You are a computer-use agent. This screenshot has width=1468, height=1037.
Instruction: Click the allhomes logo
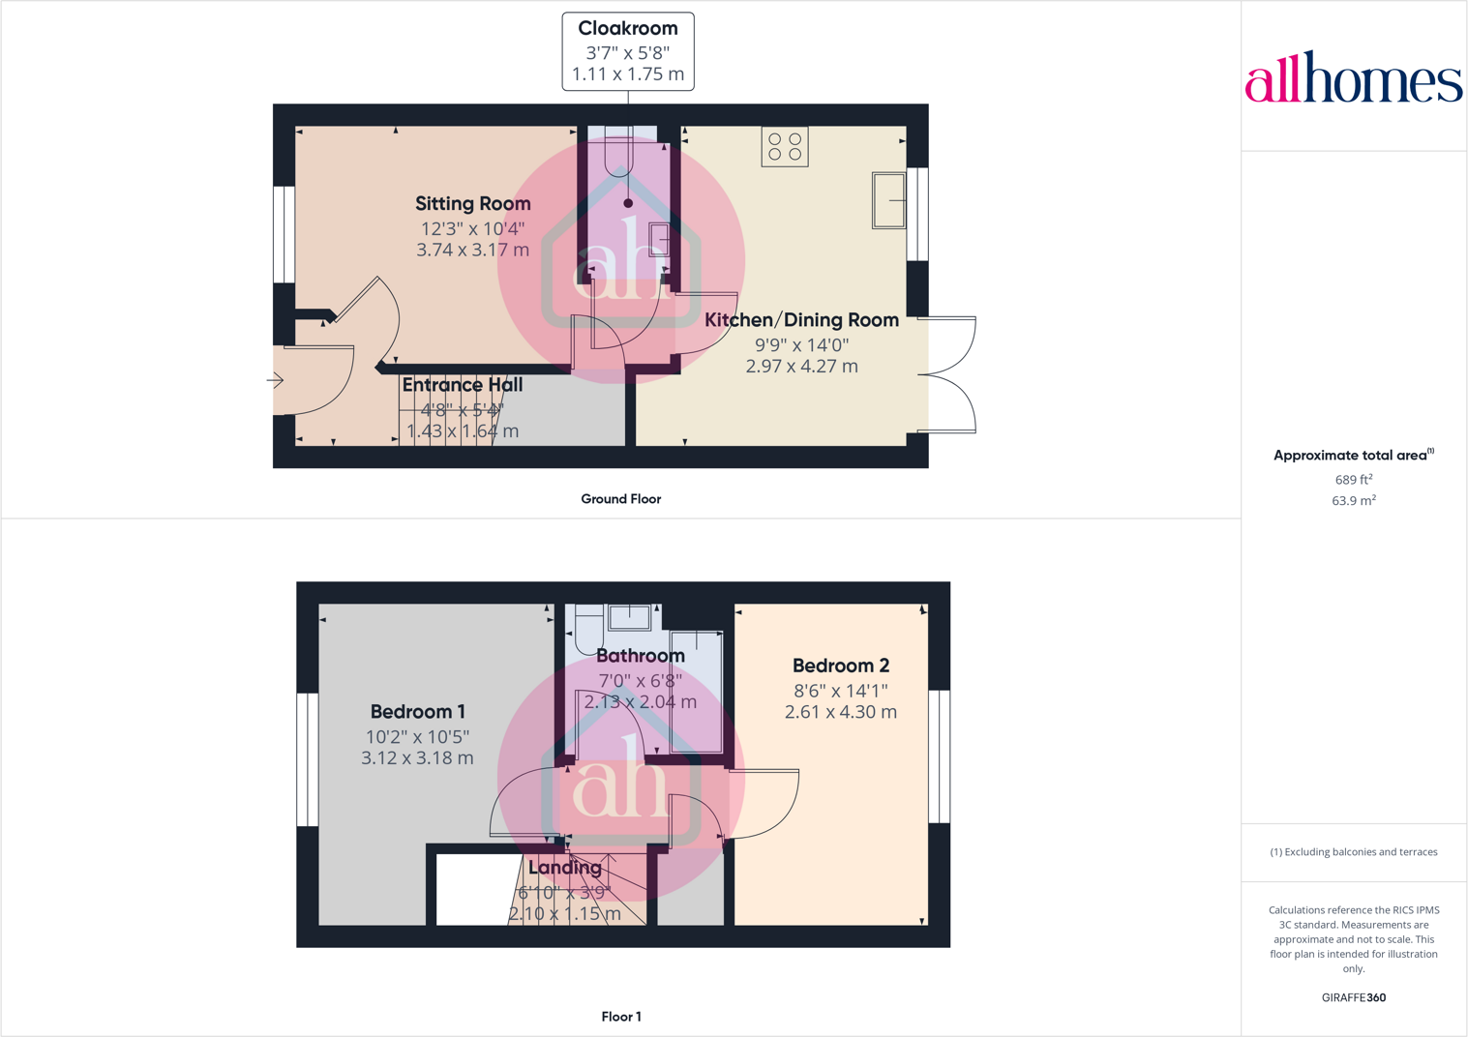click(x=1353, y=77)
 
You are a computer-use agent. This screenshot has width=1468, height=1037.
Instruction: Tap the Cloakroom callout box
click(x=628, y=51)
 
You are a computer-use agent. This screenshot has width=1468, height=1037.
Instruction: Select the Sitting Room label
click(x=473, y=204)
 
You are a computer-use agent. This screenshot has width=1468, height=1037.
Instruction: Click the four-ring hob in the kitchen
click(x=785, y=147)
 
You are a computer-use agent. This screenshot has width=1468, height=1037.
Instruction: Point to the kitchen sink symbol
click(x=889, y=200)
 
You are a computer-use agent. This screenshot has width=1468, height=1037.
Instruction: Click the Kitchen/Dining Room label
click(x=801, y=320)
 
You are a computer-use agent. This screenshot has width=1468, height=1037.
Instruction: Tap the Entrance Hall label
click(x=463, y=385)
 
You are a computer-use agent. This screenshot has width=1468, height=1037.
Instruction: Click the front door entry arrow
click(x=275, y=380)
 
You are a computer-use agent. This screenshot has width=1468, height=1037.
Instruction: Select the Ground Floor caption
click(x=620, y=499)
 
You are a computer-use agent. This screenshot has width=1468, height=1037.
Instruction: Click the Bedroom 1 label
click(x=417, y=712)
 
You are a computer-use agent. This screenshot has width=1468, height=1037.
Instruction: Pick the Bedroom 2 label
click(x=840, y=666)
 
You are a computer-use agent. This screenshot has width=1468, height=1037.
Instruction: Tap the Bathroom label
click(x=640, y=656)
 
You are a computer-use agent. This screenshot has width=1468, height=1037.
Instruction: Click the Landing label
click(x=565, y=868)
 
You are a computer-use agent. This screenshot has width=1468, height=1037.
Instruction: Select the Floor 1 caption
click(x=620, y=1017)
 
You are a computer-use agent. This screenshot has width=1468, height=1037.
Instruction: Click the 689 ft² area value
click(x=1353, y=480)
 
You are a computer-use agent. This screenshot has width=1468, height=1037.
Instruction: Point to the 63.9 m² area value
click(x=1353, y=501)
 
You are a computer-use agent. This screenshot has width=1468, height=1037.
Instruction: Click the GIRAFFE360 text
click(x=1353, y=997)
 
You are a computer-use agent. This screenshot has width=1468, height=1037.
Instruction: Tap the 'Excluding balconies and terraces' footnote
click(x=1353, y=852)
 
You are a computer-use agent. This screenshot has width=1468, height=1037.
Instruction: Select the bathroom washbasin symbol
click(x=629, y=617)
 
